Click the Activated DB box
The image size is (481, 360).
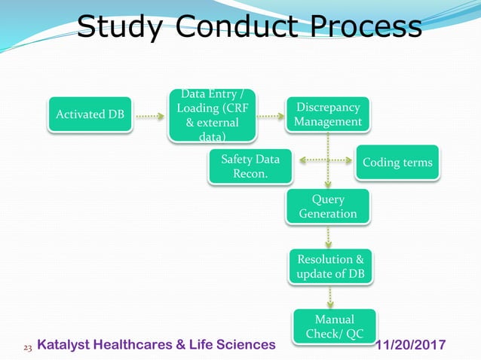click(90, 114)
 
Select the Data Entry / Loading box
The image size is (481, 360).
click(211, 115)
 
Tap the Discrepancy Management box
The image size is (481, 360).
click(328, 114)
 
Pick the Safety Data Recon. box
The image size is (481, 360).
click(250, 166)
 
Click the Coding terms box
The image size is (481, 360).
click(397, 163)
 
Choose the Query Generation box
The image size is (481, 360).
click(328, 206)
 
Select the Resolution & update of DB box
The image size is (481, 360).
click(329, 266)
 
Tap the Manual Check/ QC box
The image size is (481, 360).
click(335, 326)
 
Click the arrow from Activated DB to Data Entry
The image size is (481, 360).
click(150, 117)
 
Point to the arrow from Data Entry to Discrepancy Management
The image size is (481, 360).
click(270, 117)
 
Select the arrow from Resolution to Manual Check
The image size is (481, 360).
click(330, 295)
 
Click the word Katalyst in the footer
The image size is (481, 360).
click(66, 345)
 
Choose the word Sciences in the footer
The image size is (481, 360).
click(245, 345)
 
